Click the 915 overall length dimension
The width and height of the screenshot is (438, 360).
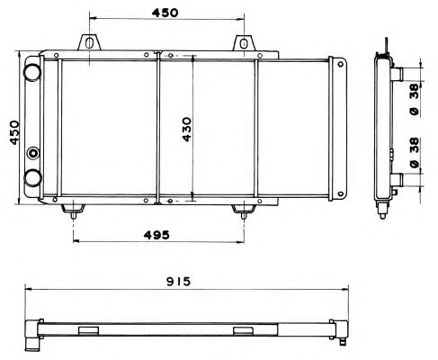point(178,282)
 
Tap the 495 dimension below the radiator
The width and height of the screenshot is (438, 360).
point(156,235)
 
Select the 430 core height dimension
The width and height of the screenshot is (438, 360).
point(187,130)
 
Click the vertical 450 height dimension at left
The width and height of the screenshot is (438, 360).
point(14,132)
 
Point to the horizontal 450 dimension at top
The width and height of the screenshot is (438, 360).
point(165,13)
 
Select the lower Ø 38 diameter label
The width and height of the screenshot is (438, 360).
point(415,153)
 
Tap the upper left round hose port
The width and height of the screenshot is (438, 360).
point(32,72)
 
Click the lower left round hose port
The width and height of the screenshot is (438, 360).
point(32,178)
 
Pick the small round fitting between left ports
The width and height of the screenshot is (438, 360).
point(33,153)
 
